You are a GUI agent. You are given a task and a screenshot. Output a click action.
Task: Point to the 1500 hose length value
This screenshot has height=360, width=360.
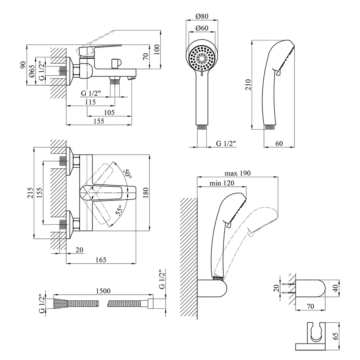pyautogui.click(x=103, y=291)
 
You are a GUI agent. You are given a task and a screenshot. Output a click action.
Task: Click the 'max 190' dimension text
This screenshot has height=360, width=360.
pyautogui.click(x=237, y=173)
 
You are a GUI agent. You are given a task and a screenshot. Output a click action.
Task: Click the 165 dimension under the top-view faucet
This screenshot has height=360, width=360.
pyautogui.click(x=101, y=260)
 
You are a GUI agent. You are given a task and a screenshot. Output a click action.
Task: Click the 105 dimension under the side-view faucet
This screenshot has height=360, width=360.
pyautogui.click(x=108, y=113)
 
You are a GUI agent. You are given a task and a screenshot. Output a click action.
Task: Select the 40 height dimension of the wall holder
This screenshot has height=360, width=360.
pyautogui.click(x=336, y=287)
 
